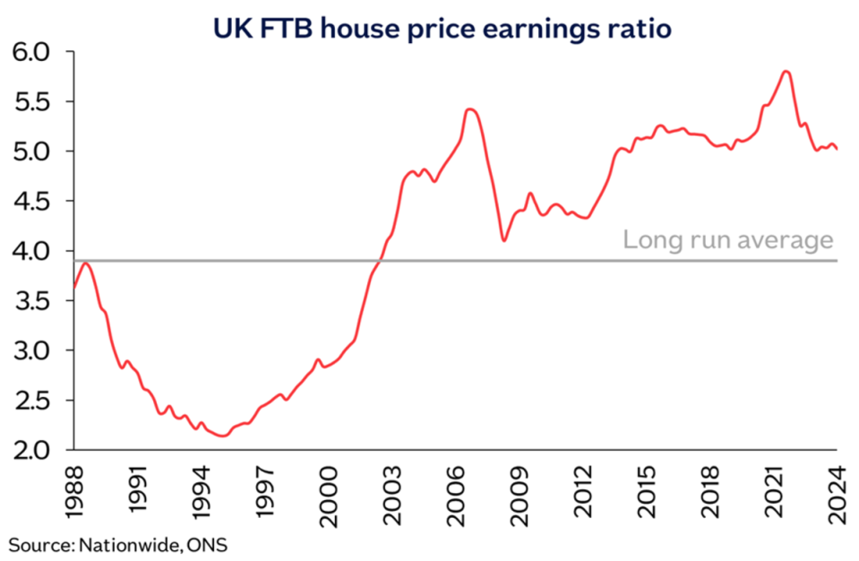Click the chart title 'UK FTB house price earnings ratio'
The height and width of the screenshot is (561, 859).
point(442,28)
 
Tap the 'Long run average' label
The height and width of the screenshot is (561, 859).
point(728,240)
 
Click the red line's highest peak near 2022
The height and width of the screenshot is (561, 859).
point(786,71)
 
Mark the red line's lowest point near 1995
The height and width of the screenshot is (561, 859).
point(223,436)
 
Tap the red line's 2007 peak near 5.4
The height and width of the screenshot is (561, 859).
point(471,109)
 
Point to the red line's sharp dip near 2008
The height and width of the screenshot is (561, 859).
point(504,240)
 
